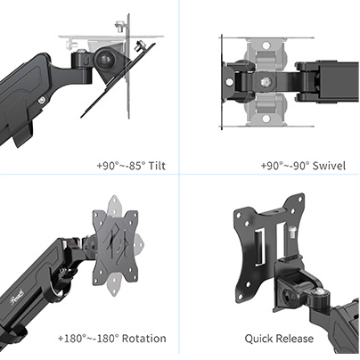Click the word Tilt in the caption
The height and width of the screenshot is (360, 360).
coord(157,166)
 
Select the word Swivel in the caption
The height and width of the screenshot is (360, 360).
coord(325,166)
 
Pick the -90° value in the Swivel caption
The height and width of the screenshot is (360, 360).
coord(293,166)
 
